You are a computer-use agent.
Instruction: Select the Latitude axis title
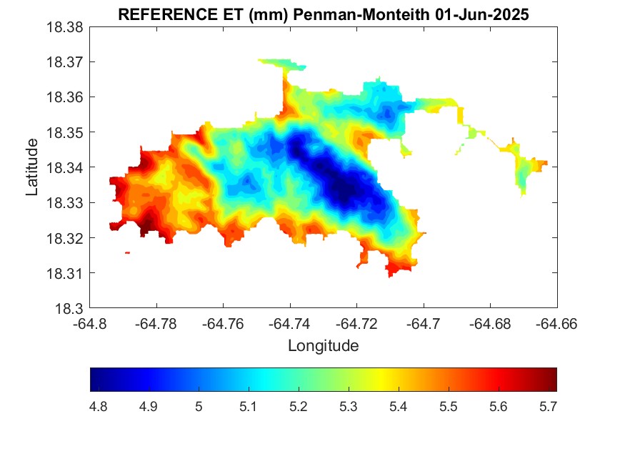(x=32, y=168)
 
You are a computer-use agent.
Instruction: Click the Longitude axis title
(x=323, y=346)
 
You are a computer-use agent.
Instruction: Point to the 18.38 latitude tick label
(x=65, y=27)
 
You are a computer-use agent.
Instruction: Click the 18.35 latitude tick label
(x=65, y=133)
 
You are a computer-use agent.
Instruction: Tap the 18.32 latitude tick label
(x=65, y=238)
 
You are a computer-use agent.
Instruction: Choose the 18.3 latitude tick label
(x=71, y=309)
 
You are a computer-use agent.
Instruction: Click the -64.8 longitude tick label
(x=91, y=324)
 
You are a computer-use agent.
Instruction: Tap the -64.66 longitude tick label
(x=557, y=324)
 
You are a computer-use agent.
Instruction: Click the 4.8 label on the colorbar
(x=99, y=407)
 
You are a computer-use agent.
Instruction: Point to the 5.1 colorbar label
(x=249, y=407)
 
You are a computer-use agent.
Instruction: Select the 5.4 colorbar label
(x=399, y=407)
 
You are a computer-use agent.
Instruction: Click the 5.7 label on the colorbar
(x=548, y=407)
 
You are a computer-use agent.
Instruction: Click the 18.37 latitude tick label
(x=65, y=62)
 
